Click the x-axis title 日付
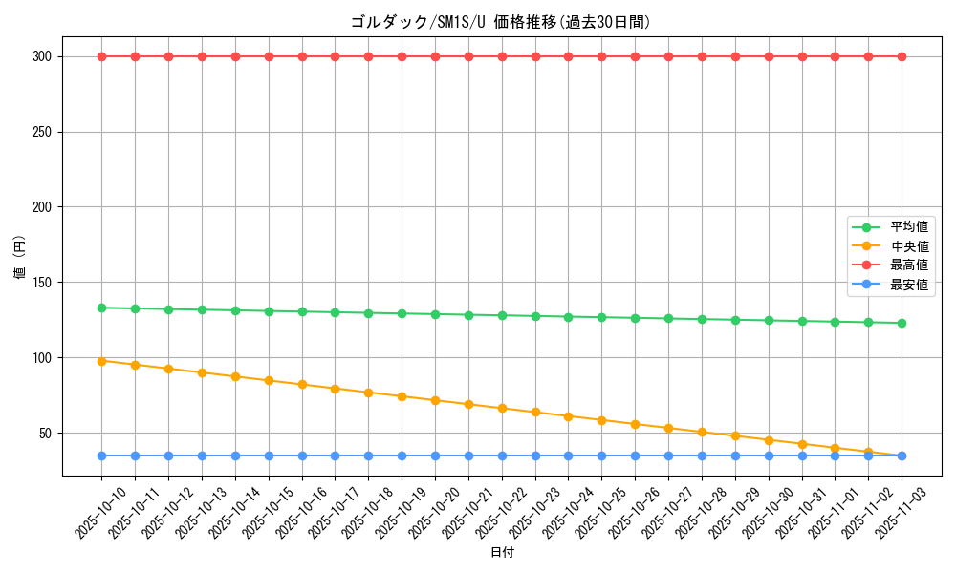pyautogui.click(x=502, y=553)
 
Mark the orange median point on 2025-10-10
pyautogui.click(x=101, y=361)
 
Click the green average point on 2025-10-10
pyautogui.click(x=101, y=308)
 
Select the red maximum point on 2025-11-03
pyautogui.click(x=902, y=56)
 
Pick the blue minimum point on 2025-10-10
pyautogui.click(x=101, y=456)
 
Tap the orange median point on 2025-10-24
pyautogui.click(x=568, y=416)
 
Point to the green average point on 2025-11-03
pyautogui.click(x=902, y=323)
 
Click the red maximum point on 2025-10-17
pyautogui.click(x=335, y=56)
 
